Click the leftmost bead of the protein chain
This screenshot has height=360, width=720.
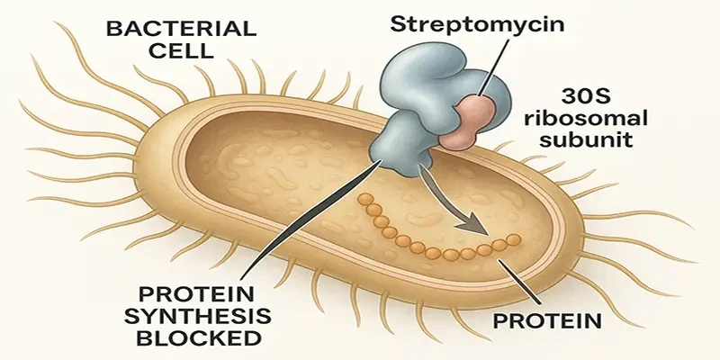click(364, 200)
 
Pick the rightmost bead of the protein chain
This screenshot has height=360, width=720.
click(514, 238)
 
